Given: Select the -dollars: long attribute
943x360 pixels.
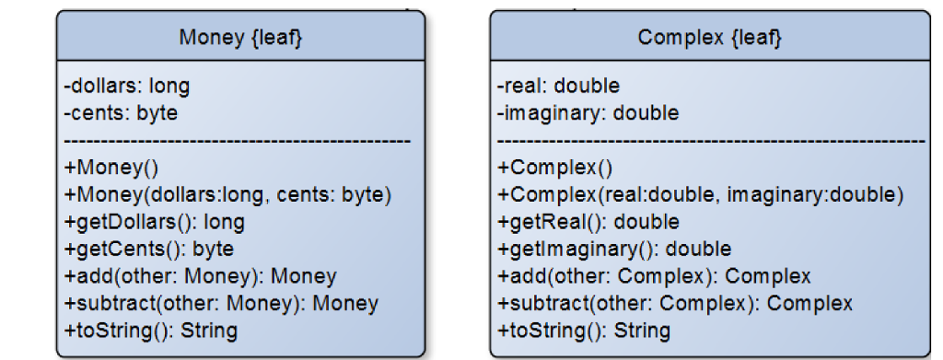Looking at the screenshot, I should coord(126,87).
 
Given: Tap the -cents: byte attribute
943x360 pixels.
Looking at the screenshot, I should coord(121,113).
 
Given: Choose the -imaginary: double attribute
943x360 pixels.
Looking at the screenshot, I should coord(588,113).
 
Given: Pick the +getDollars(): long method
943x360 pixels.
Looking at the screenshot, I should coord(154,222).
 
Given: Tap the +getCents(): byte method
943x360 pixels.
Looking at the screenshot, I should coord(148,249).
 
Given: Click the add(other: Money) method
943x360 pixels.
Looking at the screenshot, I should coord(200,276).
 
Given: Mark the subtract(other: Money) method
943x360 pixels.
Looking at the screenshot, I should coord(221,303).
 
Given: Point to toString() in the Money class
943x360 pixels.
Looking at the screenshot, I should coord(150,330).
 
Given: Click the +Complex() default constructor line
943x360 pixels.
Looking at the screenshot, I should coord(542,168).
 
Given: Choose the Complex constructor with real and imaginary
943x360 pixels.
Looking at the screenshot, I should coord(701,195).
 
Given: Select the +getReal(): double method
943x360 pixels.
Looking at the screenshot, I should coord(588,222).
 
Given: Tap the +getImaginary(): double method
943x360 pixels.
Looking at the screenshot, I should coord(614,249).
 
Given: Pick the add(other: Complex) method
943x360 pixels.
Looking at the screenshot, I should coord(654,276).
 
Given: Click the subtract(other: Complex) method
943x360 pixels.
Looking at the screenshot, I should coord(675,303).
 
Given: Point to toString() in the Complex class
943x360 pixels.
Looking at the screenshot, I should coord(584,330).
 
